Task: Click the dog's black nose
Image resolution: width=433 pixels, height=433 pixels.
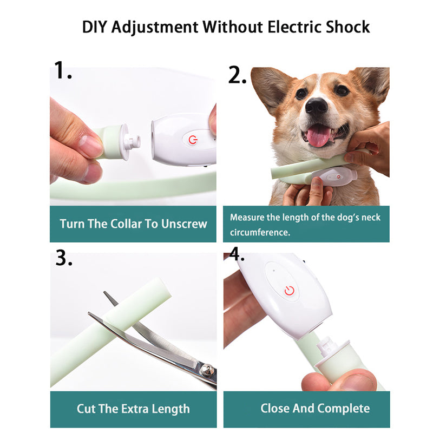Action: pyautogui.click(x=316, y=106)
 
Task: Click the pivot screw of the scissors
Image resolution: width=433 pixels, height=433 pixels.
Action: pyautogui.click(x=205, y=370)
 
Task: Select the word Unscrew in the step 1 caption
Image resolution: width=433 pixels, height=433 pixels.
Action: pyautogui.click(x=184, y=224)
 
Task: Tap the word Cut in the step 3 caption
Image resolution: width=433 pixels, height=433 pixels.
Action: pyautogui.click(x=86, y=408)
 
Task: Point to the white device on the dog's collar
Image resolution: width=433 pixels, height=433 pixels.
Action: pyautogui.click(x=334, y=177)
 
